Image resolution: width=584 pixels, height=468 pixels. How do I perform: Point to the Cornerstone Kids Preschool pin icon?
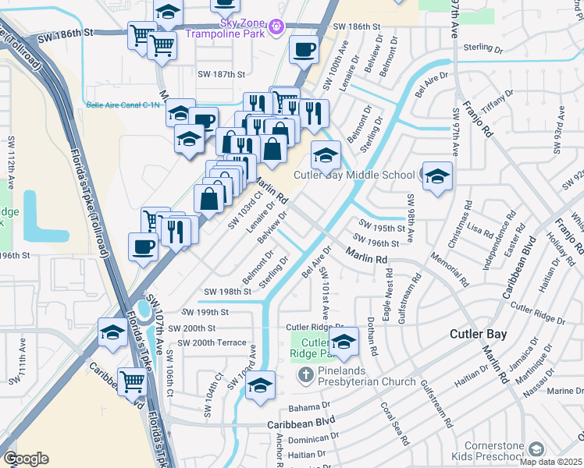click(536, 448)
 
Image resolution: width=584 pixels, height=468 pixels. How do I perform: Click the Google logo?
click(25, 459)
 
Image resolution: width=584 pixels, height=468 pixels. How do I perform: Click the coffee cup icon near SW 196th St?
click(143, 246)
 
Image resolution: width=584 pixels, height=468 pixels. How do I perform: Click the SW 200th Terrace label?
click(212, 343)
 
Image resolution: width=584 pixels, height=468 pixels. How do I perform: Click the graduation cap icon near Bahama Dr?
click(261, 386)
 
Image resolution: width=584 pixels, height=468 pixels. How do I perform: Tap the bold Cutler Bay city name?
click(478, 334)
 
